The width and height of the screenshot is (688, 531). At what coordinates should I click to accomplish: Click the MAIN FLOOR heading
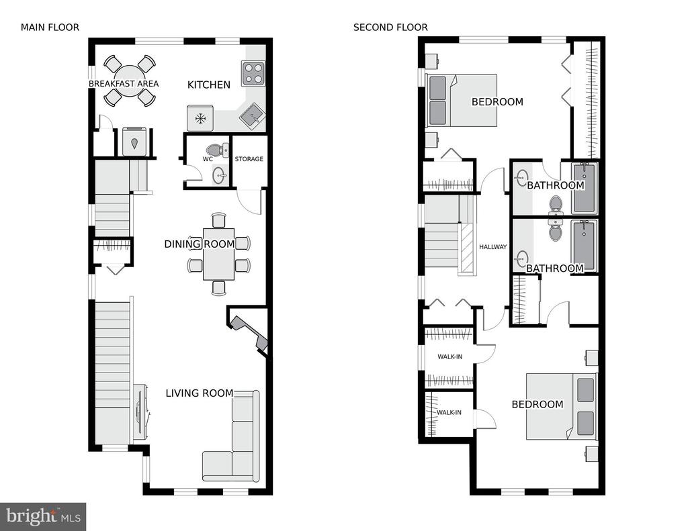coord(50,28)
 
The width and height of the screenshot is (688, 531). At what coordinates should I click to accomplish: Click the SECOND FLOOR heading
coord(390,28)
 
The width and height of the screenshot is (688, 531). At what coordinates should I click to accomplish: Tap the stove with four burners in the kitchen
coord(253,73)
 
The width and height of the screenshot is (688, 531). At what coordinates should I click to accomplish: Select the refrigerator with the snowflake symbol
coord(200,118)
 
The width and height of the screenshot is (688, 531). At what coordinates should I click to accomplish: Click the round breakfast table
coord(129,81)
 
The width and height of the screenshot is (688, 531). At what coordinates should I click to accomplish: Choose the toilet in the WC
coord(217,149)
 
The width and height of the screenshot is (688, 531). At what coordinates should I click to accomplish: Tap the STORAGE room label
coord(249,159)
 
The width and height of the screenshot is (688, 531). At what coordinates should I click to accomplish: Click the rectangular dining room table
coord(218,254)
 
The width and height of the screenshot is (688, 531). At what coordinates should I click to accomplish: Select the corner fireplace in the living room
coord(249,332)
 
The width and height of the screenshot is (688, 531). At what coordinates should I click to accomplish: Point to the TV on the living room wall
coord(141,412)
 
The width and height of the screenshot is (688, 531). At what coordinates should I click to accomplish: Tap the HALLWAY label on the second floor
coord(492,247)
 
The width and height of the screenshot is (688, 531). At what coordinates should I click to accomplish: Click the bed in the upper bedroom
coord(462,101)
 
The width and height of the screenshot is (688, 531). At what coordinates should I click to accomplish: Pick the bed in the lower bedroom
coord(561,406)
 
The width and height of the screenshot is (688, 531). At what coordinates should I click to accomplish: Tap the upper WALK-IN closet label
coord(449,357)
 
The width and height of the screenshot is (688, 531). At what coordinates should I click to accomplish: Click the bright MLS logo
coord(43,516)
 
